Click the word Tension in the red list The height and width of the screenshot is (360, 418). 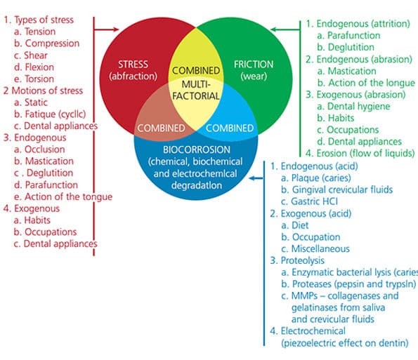pos(40,32)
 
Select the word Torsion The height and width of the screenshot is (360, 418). pos(39,79)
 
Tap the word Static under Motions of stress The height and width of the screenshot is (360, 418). pos(36,102)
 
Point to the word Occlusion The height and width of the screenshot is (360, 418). pos(45,149)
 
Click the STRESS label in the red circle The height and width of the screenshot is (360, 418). pos(133,64)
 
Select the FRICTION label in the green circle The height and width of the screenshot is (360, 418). pos(254,64)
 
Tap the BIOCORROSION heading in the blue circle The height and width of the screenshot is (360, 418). pos(197,149)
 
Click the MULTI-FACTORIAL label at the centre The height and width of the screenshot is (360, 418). pos(196,90)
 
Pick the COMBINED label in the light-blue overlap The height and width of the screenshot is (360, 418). pos(230,128)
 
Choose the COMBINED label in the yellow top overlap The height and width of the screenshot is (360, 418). pos(196,71)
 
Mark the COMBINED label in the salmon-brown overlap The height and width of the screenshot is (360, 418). pos(161,128)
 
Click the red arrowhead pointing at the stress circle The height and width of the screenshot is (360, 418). pos(116,29)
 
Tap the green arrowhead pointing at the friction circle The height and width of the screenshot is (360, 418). pos(274,29)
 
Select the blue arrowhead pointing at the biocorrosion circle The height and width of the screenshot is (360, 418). pos(252,178)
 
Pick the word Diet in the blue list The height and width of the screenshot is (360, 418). pos(300,225)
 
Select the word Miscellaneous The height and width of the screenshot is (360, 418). pos(320,248)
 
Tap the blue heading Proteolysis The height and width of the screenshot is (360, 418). pos(303,260)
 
